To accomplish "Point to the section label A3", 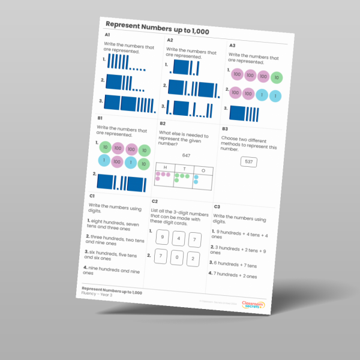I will (x=232, y=46).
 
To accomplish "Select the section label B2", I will (x=163, y=123).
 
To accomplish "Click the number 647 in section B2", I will (x=186, y=155).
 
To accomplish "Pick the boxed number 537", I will (x=248, y=162).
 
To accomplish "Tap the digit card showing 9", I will (x=162, y=237).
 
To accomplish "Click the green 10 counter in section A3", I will (x=275, y=77).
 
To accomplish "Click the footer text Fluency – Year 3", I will (x=97, y=295).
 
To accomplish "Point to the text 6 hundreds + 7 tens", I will (x=236, y=263).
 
